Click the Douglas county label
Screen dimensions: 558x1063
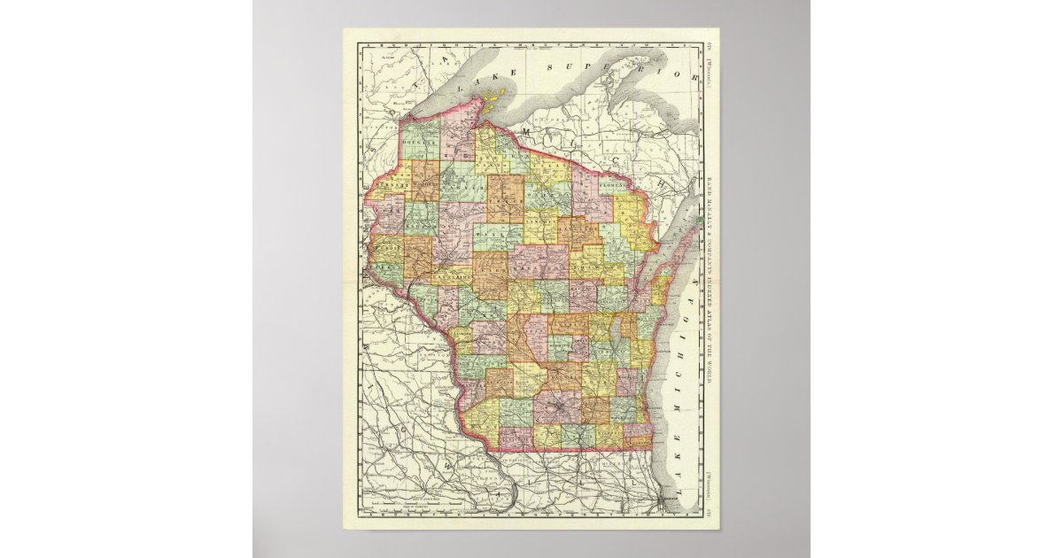(419, 143)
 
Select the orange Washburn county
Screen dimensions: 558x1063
(424, 181)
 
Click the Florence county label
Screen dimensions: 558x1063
(612, 188)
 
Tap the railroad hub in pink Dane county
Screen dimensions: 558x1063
(557, 408)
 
